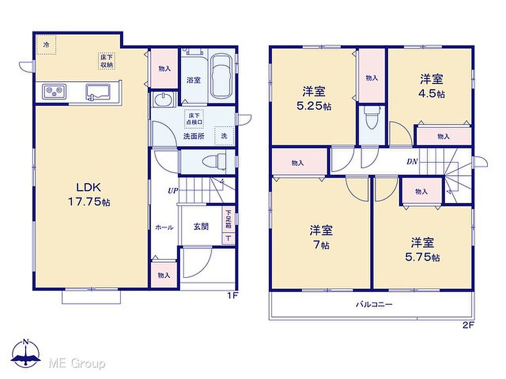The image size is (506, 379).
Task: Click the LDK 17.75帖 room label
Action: [x=89, y=194]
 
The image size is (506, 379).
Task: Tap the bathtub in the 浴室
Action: [x=221, y=76]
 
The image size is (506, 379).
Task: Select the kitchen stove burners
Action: [x=54, y=91]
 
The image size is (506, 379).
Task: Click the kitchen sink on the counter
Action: [x=98, y=91]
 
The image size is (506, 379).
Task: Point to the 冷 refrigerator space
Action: [x=46, y=45]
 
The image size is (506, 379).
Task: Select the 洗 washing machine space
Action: [x=224, y=136]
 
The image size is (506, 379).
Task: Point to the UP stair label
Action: [x=172, y=191]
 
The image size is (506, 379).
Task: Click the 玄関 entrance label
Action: [x=201, y=227]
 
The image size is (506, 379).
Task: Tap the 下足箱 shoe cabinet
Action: [x=228, y=220]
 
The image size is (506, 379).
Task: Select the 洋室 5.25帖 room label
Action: [x=314, y=99]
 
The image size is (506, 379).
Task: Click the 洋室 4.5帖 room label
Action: [x=431, y=86]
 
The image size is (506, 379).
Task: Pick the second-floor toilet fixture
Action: [x=372, y=117]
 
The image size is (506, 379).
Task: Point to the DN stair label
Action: [x=412, y=161]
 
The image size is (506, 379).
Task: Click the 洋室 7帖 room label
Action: [x=321, y=237]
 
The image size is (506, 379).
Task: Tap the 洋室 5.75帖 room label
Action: [x=422, y=249]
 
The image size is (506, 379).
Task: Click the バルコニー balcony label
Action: [x=374, y=304]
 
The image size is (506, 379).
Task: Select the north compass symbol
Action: [x=26, y=353]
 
